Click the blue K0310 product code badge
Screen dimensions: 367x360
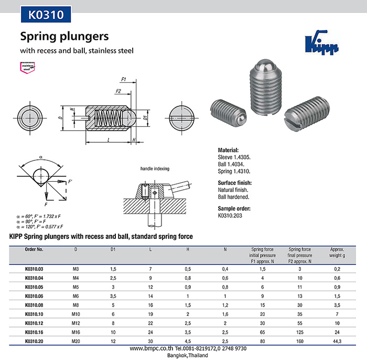(46, 14)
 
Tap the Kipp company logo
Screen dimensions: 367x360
(322, 42)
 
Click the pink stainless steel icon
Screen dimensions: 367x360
(28, 68)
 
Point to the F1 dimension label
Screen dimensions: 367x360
(123, 80)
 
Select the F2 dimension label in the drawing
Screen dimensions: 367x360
(118, 91)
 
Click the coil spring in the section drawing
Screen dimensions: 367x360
(107, 118)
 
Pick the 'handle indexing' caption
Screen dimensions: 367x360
(155, 169)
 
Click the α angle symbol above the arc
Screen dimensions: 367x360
(41, 157)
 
